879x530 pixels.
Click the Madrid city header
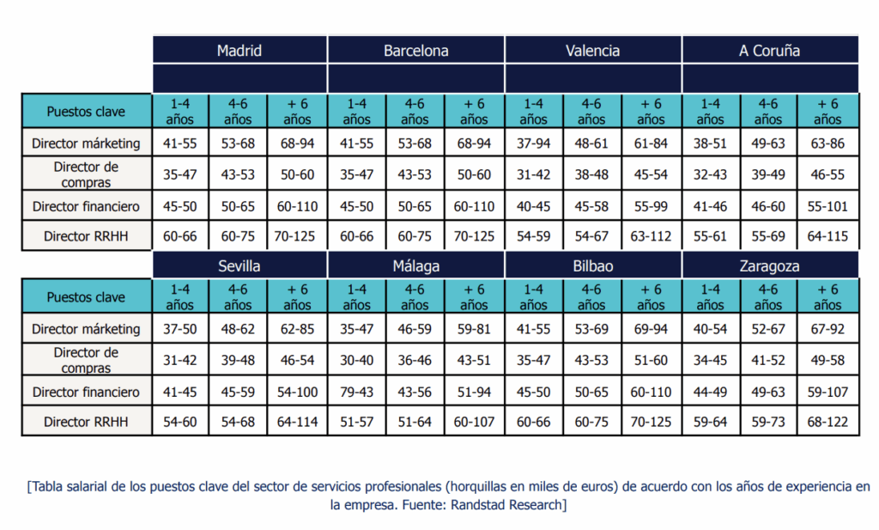[x=239, y=51]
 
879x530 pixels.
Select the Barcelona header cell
[x=415, y=51]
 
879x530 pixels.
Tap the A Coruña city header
[x=769, y=51]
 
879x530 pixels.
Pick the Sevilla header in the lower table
[x=239, y=266]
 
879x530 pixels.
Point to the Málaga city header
[x=415, y=266]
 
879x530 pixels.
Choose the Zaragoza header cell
[x=769, y=266]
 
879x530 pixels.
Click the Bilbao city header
[x=592, y=266]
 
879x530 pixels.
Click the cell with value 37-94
[x=533, y=143]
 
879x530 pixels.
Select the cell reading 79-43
[x=356, y=392]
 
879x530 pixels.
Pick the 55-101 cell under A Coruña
[x=827, y=206]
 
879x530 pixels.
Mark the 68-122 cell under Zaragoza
[x=827, y=422]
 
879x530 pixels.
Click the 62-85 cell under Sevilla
[x=297, y=329]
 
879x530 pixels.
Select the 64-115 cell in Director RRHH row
[x=827, y=236]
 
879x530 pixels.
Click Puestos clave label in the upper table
[x=86, y=112]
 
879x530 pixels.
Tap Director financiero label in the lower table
[x=86, y=392]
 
